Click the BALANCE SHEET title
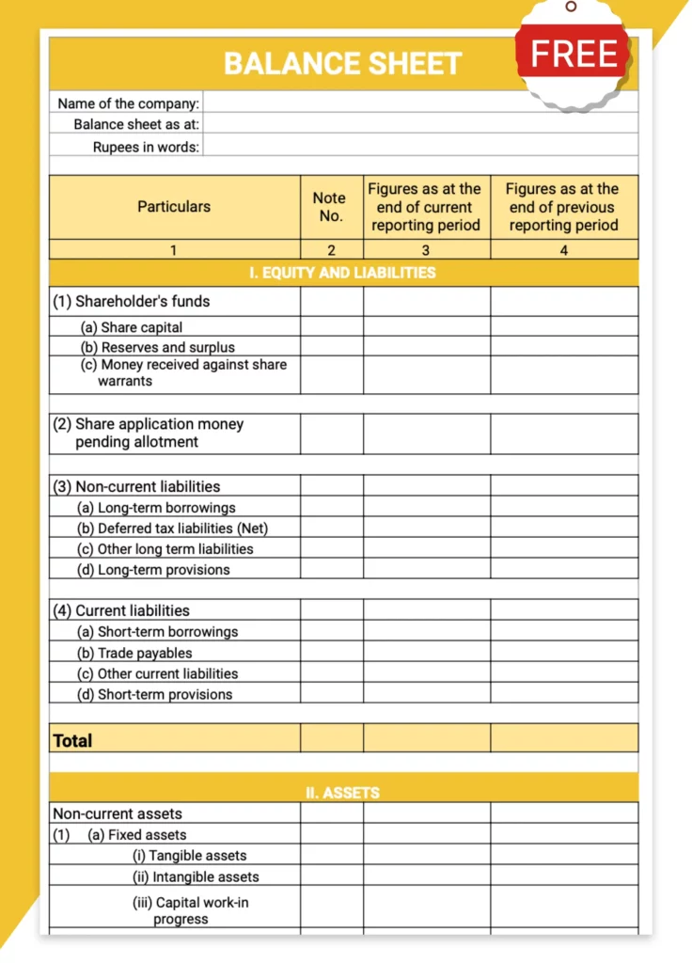(342, 64)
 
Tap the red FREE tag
(573, 55)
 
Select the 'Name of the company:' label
(129, 103)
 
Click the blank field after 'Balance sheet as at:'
(419, 124)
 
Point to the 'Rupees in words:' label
(146, 147)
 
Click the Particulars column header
(174, 207)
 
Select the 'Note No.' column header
(329, 207)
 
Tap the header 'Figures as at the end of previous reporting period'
(563, 207)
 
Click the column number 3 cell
(426, 250)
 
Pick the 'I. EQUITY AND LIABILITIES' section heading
(342, 273)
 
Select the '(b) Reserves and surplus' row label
(157, 347)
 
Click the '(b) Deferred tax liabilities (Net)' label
(173, 529)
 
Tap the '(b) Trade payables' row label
(134, 653)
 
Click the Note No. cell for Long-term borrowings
(331, 508)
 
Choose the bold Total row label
(72, 740)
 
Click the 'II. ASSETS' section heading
(342, 793)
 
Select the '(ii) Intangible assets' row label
(196, 876)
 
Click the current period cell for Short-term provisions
(426, 694)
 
